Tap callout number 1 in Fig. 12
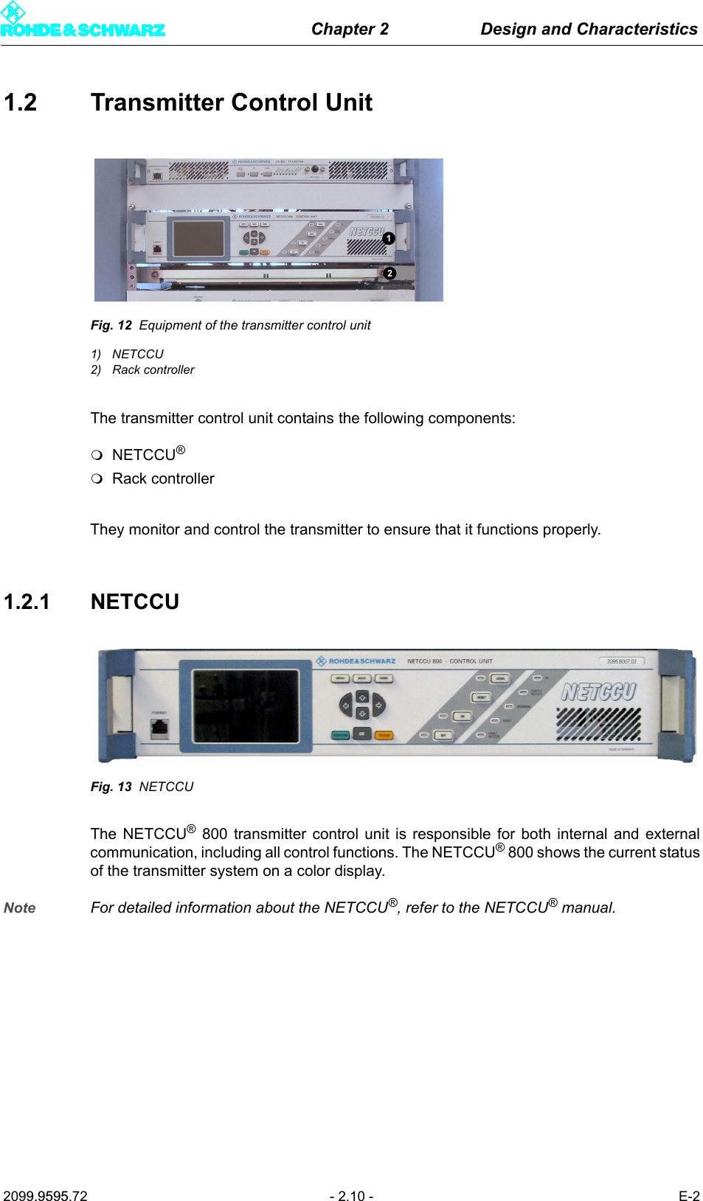pos(389,238)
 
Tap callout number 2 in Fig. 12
pos(389,274)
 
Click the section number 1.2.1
pos(27,602)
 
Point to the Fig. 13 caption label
pos(111,787)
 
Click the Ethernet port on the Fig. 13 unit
pos(159,728)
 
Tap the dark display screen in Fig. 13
pos(246,706)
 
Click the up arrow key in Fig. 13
pos(361,697)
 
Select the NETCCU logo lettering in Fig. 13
pos(598,692)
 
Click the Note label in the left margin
pos(20,908)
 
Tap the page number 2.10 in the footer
pos(351,1196)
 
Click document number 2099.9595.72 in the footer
pos(45,1196)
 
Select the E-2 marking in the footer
pos(688,1196)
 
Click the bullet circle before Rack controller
pos(97,478)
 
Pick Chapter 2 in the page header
pos(350,29)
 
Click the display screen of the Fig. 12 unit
pos(198,237)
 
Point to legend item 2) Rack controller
pos(143,369)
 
